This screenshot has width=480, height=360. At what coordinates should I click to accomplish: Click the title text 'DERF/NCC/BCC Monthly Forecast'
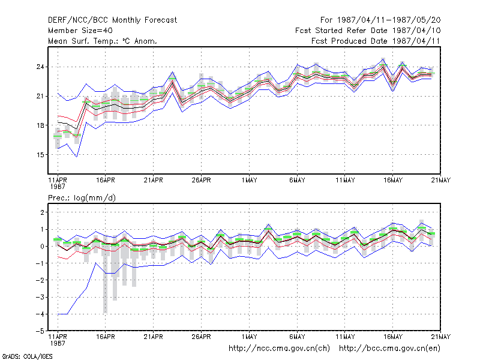click(112, 20)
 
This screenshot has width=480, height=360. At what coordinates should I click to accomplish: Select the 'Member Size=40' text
click(80, 31)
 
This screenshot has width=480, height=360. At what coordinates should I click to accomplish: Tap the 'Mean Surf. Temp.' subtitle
click(86, 41)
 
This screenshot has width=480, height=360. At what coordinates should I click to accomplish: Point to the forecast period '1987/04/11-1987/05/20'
click(389, 20)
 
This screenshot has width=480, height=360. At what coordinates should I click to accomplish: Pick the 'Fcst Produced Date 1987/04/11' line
click(376, 41)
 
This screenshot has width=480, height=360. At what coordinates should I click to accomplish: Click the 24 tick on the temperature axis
click(40, 67)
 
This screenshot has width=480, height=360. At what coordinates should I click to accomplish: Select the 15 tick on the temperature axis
click(40, 155)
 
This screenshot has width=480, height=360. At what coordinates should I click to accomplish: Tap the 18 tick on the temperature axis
click(40, 125)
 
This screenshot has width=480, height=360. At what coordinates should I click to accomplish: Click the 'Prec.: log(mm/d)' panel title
click(82, 198)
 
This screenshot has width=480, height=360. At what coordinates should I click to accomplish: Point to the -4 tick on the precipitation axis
click(40, 314)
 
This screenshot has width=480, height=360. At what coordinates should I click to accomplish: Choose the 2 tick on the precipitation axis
click(42, 212)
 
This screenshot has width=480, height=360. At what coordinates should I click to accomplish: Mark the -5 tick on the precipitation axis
click(40, 331)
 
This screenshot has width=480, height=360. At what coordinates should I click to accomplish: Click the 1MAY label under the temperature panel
click(249, 181)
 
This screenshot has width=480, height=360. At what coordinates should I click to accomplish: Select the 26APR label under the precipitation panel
click(202, 337)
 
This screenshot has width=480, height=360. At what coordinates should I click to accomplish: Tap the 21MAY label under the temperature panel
click(441, 181)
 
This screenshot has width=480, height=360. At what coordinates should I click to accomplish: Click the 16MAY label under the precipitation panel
click(393, 337)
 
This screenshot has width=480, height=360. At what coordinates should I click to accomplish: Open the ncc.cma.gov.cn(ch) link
click(279, 349)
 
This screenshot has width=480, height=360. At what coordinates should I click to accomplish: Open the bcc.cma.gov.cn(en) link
click(389, 349)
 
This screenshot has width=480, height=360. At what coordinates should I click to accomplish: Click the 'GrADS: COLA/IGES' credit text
click(27, 356)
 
